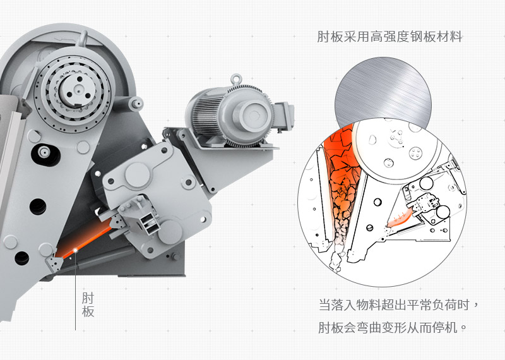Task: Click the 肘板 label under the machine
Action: pos(88,304)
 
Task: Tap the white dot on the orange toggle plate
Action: pos(76,250)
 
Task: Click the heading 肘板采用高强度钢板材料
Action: pos(389,37)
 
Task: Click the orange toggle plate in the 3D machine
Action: pos(85,243)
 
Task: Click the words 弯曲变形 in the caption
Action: pos(383,328)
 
